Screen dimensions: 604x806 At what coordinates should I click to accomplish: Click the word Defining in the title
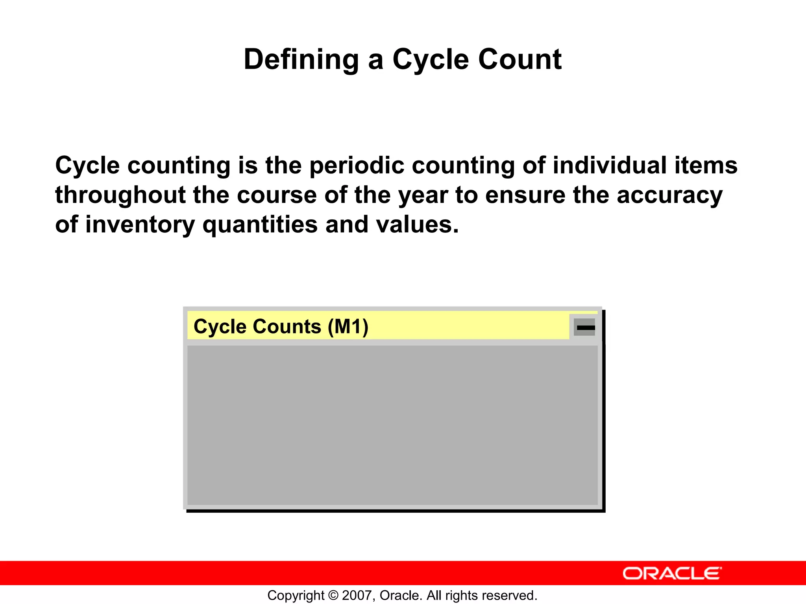tap(301, 60)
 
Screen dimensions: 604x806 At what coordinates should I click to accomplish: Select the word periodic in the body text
tap(357, 165)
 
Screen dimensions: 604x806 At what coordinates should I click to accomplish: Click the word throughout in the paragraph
tap(120, 195)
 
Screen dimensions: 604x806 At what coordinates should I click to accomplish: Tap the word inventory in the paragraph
tap(140, 225)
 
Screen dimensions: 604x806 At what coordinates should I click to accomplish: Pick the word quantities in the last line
tap(260, 225)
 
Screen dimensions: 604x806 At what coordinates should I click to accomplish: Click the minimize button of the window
tap(585, 327)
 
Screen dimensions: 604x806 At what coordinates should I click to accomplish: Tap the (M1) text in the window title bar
tap(348, 327)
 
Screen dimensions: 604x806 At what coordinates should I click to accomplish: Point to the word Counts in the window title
tap(287, 327)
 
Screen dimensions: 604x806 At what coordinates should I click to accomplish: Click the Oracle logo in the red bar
tap(672, 573)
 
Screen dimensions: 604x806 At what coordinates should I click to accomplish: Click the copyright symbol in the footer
tap(333, 595)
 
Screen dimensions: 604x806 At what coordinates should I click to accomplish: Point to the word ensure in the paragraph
tap(525, 195)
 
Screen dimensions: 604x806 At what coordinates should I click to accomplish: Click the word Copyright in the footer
tap(296, 595)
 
